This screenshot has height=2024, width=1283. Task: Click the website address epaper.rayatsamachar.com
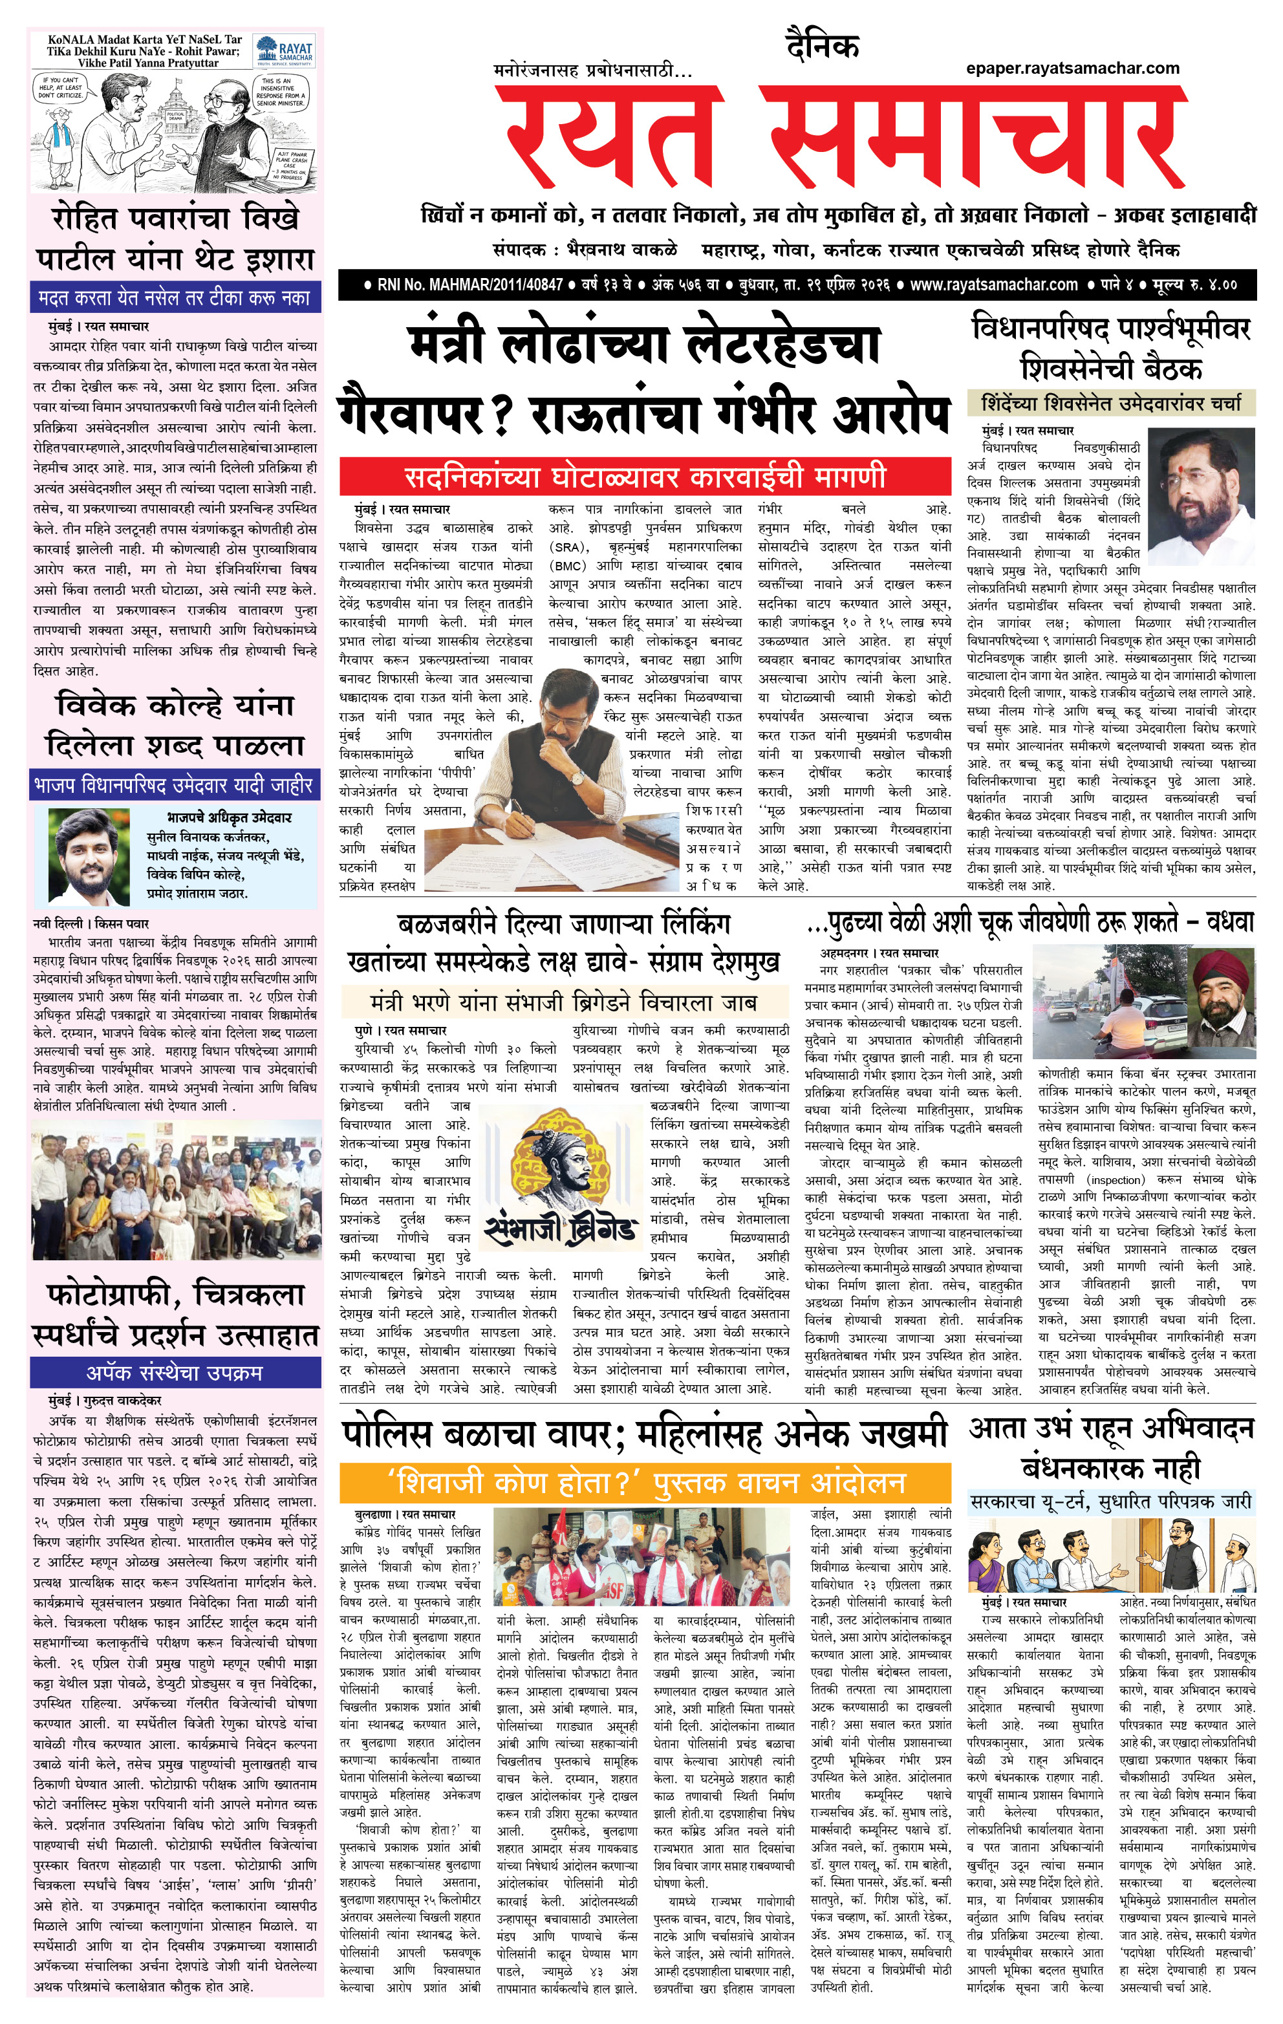[x=1072, y=68]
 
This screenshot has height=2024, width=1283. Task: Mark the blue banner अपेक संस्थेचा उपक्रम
[x=175, y=1373]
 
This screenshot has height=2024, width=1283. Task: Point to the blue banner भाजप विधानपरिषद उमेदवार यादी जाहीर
[x=175, y=786]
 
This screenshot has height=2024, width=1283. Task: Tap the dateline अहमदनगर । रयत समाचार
[x=879, y=953]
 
